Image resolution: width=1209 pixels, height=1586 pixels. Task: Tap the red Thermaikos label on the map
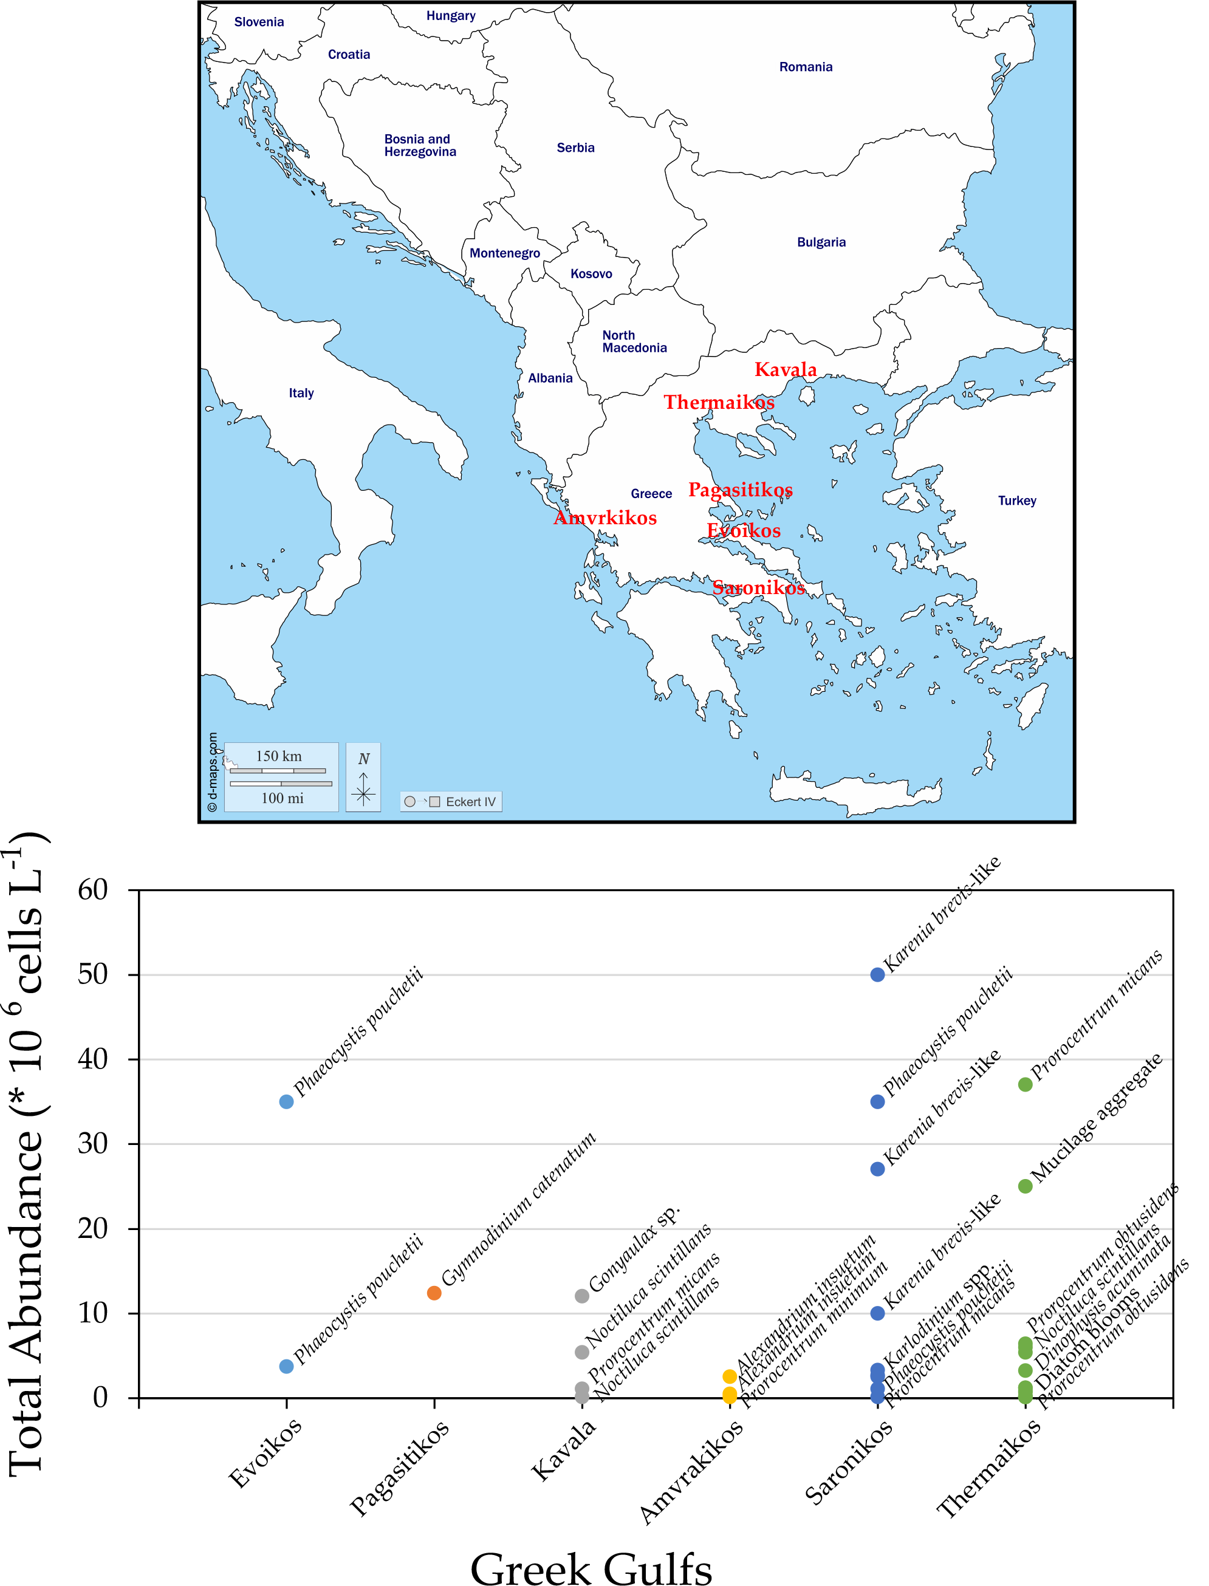(718, 402)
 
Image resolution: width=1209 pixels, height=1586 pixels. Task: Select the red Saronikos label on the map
(758, 588)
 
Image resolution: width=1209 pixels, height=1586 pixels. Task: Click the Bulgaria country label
(821, 242)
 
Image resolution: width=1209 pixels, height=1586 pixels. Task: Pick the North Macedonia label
(634, 342)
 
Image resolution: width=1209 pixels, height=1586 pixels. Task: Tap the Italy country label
(301, 393)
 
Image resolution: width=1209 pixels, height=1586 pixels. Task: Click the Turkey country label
(1016, 501)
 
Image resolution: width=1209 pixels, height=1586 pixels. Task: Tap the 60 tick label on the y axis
(93, 890)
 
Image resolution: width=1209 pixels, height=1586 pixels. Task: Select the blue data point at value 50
(877, 975)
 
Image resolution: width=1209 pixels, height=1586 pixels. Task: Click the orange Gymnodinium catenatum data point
(434, 1293)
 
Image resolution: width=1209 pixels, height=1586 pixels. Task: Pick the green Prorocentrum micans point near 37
(1026, 1084)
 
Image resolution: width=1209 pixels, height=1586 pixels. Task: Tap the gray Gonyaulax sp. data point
(582, 1296)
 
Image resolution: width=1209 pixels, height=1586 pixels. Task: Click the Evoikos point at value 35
(286, 1102)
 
